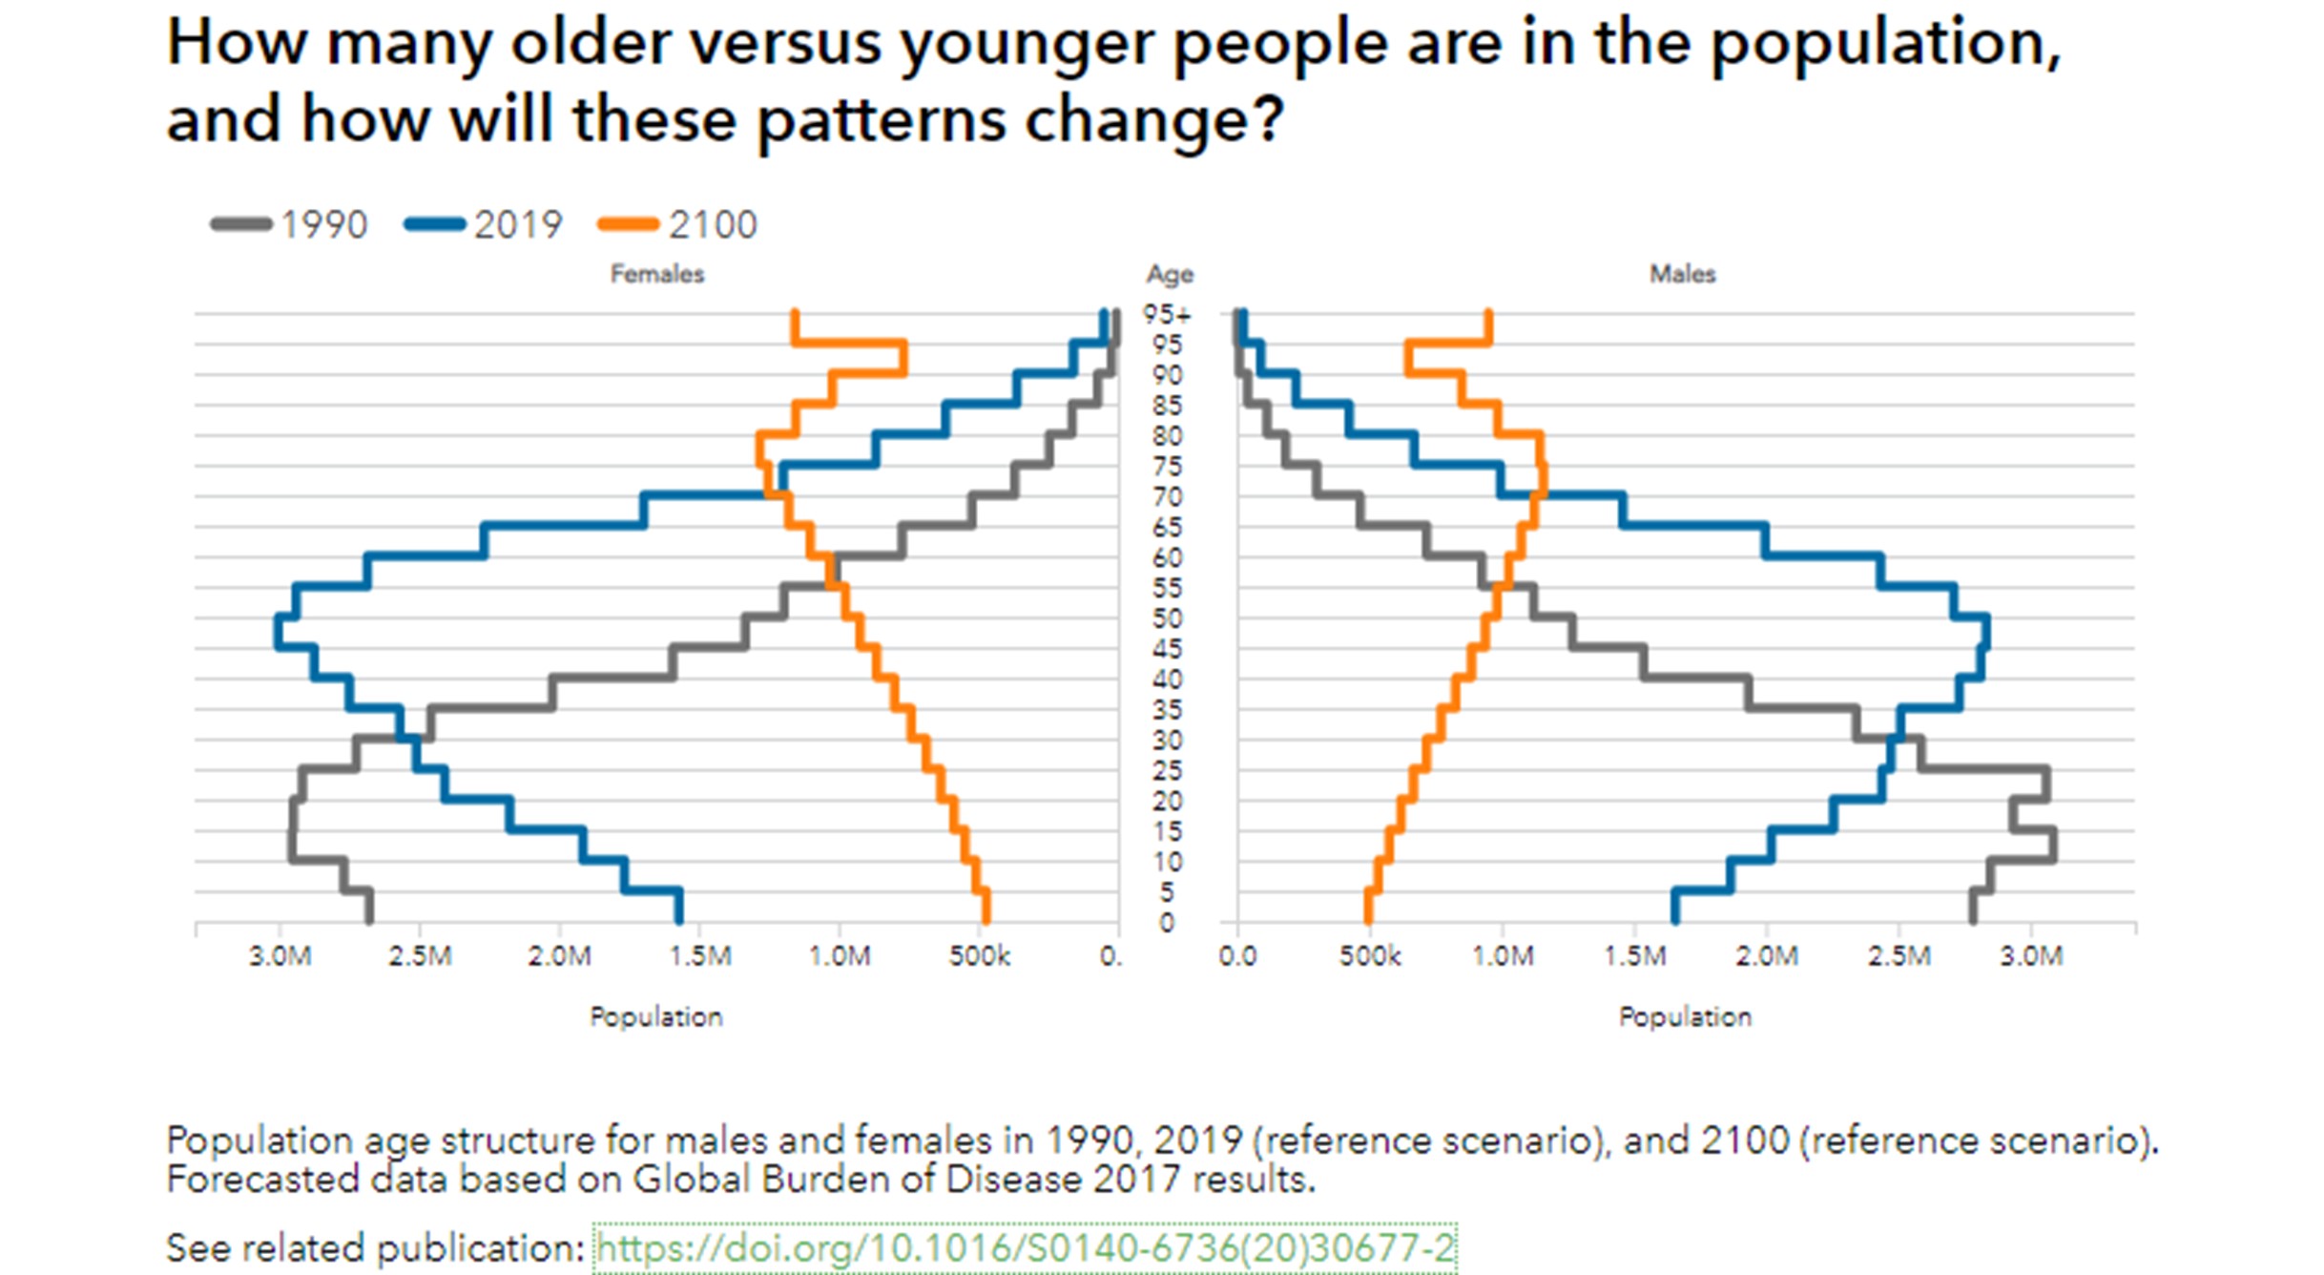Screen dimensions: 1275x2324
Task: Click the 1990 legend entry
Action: pyautogui.click(x=290, y=225)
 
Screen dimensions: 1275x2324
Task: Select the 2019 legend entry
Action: pyautogui.click(x=485, y=225)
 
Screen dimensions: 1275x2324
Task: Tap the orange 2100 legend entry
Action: pyautogui.click(x=678, y=225)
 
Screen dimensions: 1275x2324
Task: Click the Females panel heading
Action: pyautogui.click(x=657, y=274)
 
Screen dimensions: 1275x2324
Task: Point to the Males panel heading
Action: pyautogui.click(x=1683, y=274)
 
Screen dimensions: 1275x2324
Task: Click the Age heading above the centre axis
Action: pyautogui.click(x=1170, y=275)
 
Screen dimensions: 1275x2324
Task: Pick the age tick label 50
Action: pyautogui.click(x=1167, y=618)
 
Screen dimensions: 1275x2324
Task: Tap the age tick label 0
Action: pyautogui.click(x=1166, y=923)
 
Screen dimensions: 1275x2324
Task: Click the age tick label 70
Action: pyautogui.click(x=1167, y=497)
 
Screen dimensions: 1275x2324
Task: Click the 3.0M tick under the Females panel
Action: pyautogui.click(x=280, y=955)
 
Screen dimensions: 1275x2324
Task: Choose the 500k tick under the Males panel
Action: pyautogui.click(x=1370, y=955)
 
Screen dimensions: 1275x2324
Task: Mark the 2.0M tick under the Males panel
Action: pyautogui.click(x=1767, y=955)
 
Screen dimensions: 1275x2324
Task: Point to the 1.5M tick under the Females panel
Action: pyautogui.click(x=700, y=955)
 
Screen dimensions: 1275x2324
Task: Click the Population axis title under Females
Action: pyautogui.click(x=656, y=1016)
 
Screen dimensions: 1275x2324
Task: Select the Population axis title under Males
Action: pyautogui.click(x=1685, y=1016)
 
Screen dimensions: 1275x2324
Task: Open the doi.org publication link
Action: pyautogui.click(x=1025, y=1247)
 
